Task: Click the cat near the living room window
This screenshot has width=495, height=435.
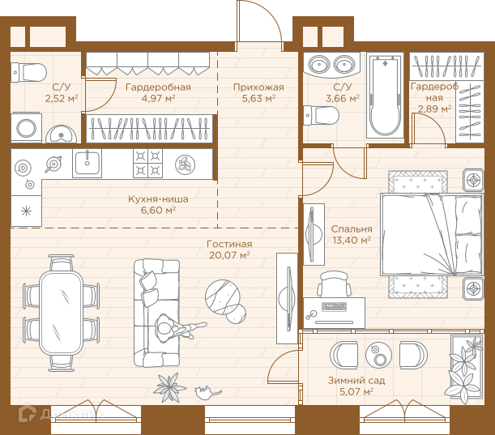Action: (x=207, y=392)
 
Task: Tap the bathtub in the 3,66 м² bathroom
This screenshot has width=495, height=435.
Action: (x=385, y=96)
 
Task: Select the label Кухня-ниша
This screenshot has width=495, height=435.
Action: (x=158, y=199)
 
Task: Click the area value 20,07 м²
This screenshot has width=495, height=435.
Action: (x=229, y=254)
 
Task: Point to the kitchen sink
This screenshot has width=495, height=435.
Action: (x=87, y=164)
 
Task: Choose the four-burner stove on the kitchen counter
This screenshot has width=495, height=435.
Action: (x=147, y=164)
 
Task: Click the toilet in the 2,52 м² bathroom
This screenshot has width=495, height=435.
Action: (x=28, y=73)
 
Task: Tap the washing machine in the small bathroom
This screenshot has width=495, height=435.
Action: (x=26, y=128)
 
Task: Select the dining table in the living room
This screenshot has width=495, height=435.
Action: (x=62, y=313)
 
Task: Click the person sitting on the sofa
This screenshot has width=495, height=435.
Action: (x=177, y=328)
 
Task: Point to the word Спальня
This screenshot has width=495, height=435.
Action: (x=352, y=229)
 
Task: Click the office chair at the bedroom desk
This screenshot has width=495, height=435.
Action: (x=335, y=284)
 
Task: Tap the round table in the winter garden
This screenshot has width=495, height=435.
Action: (x=378, y=355)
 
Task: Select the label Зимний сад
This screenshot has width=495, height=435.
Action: (x=356, y=381)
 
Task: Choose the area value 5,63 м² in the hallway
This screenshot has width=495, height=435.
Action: (x=258, y=99)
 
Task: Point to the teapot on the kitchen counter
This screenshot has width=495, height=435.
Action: (x=53, y=164)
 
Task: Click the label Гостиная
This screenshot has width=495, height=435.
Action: (x=229, y=244)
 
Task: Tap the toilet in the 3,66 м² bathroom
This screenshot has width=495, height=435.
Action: (x=321, y=116)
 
